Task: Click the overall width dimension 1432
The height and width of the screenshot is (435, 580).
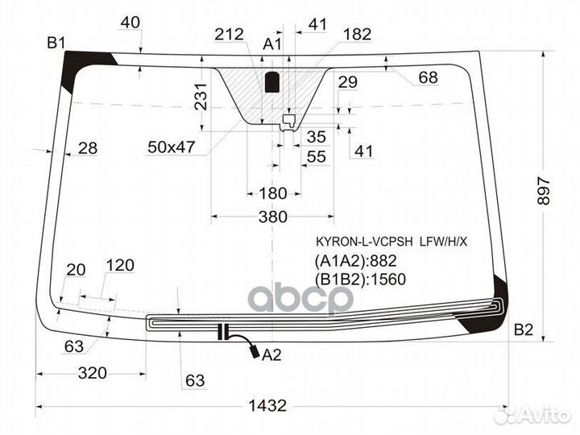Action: [x=267, y=406]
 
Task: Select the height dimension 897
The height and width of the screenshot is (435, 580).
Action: [x=544, y=191]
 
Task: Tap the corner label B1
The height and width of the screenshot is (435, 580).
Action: [x=56, y=43]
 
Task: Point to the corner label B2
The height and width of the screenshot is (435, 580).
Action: [x=524, y=329]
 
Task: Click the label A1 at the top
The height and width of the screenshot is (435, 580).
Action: [x=272, y=44]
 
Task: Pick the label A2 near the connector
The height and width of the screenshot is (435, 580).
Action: [x=271, y=355]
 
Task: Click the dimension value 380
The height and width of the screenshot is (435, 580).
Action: [x=272, y=217]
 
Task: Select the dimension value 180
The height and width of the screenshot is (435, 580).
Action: [x=273, y=193]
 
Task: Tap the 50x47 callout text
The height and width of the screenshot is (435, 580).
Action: [x=171, y=147]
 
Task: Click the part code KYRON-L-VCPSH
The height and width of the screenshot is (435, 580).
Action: [x=364, y=242]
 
